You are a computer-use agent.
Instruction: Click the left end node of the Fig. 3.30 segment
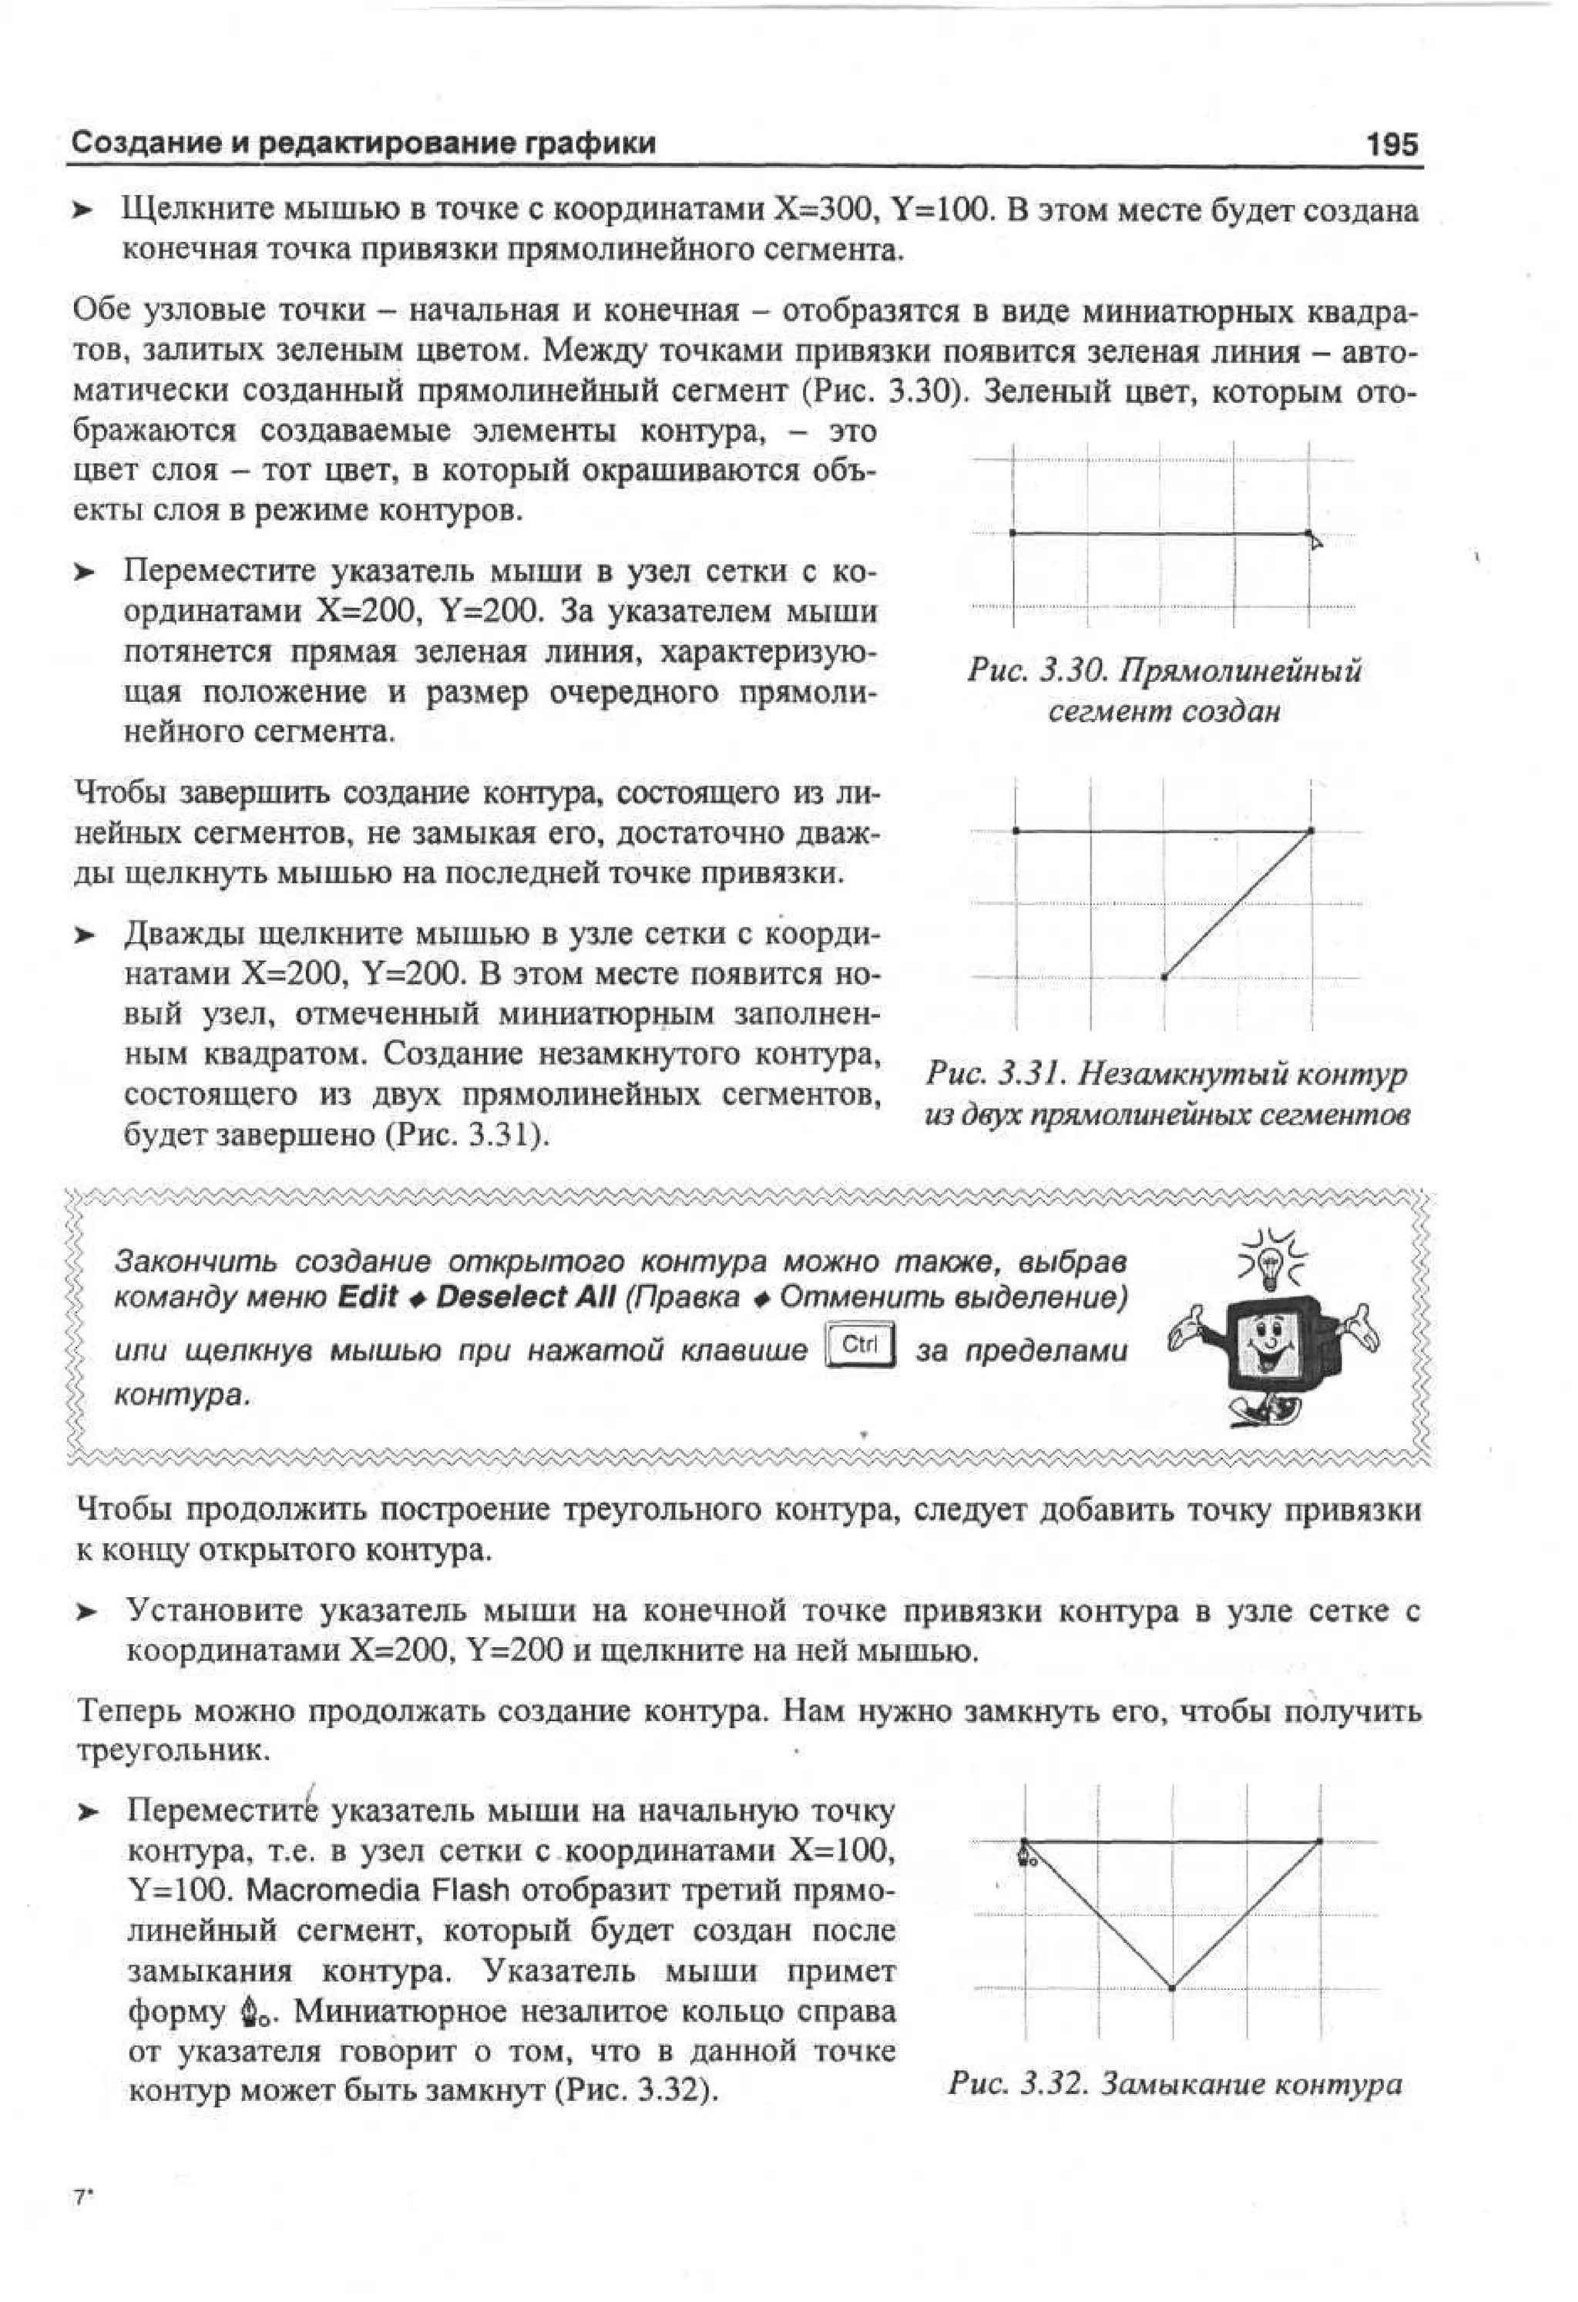1012,533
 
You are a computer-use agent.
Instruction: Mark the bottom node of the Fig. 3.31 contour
1164,977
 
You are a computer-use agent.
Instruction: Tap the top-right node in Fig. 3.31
1311,830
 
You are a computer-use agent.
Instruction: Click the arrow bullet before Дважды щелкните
86,935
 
